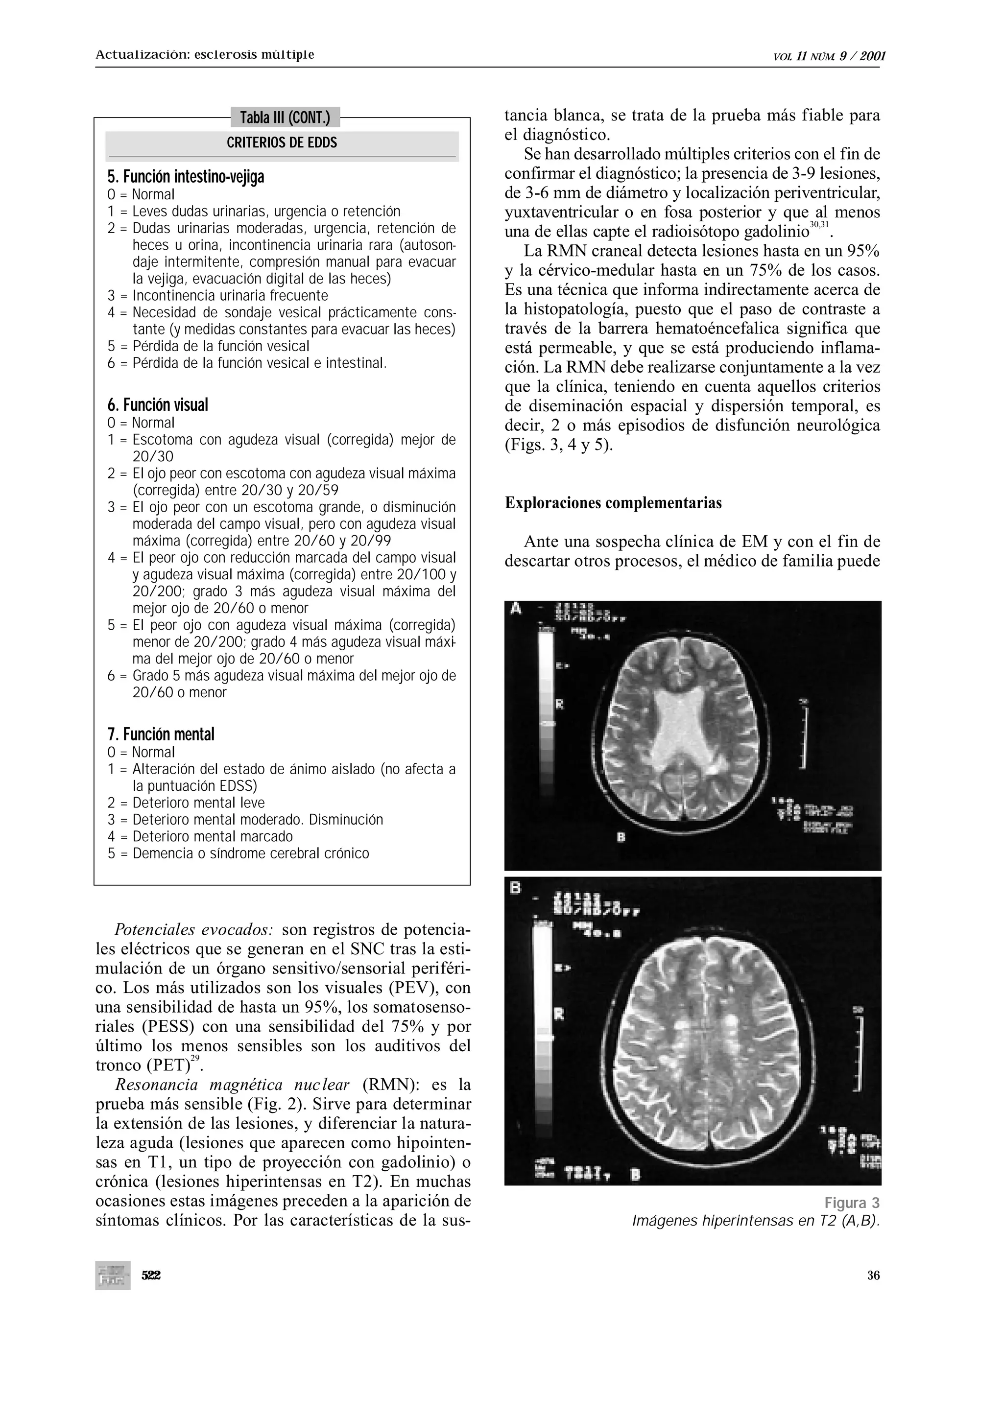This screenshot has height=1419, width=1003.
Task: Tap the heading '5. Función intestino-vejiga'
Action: (186, 177)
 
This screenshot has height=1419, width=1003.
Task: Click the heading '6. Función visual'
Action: (158, 405)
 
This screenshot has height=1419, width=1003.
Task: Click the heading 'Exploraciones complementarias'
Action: (613, 503)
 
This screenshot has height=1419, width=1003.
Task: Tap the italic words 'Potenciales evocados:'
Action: (193, 929)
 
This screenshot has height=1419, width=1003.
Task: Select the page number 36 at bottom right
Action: (873, 1276)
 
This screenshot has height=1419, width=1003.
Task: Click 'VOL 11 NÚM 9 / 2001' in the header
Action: (829, 57)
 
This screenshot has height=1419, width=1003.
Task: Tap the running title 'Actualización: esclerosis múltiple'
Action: (205, 54)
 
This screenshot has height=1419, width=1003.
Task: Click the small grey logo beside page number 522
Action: (113, 1275)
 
